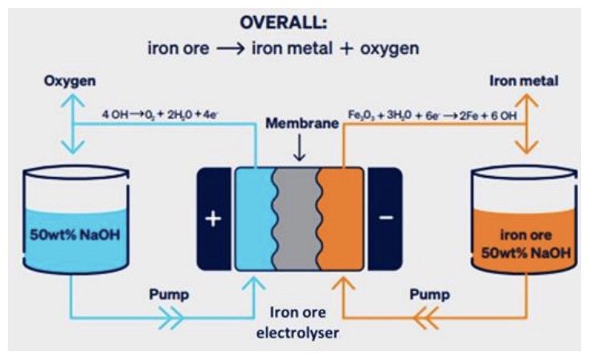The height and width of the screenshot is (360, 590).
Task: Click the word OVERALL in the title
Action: tap(295, 22)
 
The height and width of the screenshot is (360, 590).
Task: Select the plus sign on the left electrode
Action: tap(213, 219)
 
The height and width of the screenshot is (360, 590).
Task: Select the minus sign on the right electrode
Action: tap(385, 219)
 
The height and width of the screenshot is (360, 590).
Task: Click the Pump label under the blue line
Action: tap(170, 294)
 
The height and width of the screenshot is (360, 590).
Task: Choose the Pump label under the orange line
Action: tap(430, 294)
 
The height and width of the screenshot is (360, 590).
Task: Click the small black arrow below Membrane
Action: tap(299, 147)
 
